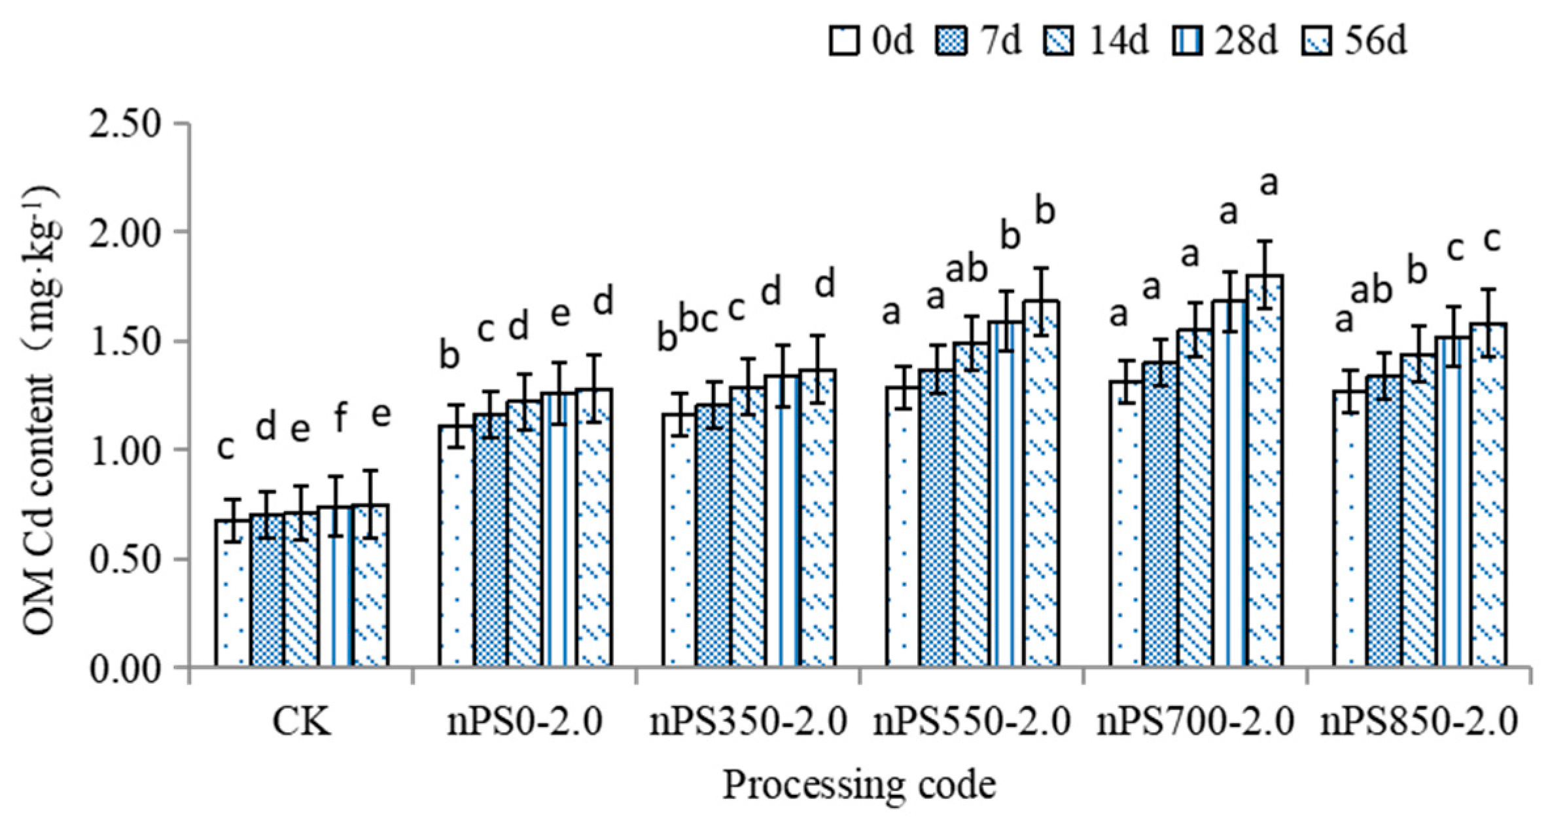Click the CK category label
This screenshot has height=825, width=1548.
coord(302,723)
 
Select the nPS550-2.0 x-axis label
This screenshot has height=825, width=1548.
coord(972,723)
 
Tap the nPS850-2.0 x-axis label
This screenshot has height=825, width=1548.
coord(1419,723)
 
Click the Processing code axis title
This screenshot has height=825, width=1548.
coord(859,784)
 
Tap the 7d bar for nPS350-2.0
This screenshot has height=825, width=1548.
coord(714,536)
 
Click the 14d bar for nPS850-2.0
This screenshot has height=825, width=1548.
coord(1419,510)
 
